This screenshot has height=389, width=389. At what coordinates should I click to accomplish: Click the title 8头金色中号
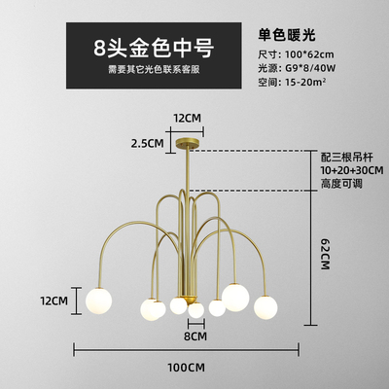pos(154,49)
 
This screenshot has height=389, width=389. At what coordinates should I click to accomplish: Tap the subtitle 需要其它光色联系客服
pos(154,70)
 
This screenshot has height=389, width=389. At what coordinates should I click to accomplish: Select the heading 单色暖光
pos(287,34)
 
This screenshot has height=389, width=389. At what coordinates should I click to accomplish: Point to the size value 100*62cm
pos(309,54)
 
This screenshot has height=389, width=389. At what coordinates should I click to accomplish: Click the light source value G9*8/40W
pos(310,68)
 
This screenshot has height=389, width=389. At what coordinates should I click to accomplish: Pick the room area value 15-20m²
pos(305,82)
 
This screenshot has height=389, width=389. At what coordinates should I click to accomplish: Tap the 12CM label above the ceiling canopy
pos(187,118)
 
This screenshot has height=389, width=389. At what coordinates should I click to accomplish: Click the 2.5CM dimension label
pos(148,143)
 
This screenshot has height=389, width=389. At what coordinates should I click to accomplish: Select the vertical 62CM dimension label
pos(325,254)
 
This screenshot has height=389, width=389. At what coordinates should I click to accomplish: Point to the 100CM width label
pos(187,368)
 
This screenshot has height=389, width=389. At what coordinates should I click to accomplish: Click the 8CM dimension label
pos(195,336)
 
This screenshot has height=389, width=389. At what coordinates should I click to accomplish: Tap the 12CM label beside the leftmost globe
pos(54,301)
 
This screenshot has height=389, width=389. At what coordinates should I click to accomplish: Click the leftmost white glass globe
pos(98,301)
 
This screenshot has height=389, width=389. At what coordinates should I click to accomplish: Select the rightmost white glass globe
pos(265,307)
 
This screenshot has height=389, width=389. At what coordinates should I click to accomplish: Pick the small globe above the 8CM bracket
pos(196,310)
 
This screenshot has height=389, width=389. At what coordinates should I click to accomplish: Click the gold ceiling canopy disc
pos(188,144)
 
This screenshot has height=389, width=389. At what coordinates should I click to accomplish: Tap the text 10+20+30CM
pos(352,170)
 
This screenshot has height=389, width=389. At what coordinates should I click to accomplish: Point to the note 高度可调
pos(341,184)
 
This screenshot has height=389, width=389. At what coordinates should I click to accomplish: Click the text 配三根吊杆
pos(347,158)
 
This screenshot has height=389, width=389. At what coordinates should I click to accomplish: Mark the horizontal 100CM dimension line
pos(187,350)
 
